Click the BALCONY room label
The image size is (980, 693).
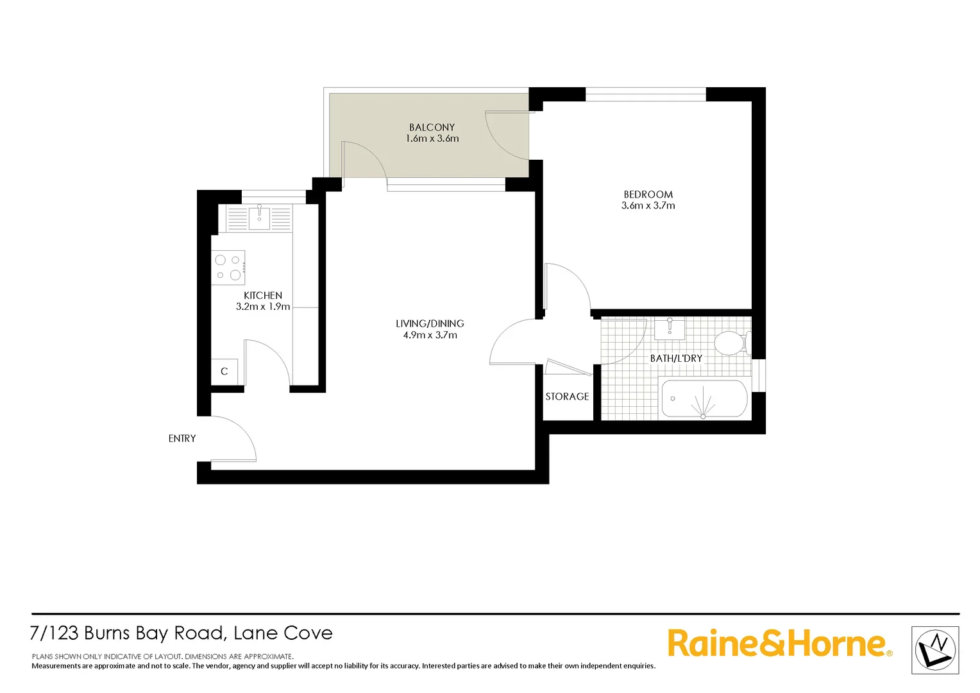point(432,127)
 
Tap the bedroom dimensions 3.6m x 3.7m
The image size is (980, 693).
point(648,206)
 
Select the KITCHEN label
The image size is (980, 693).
point(263,295)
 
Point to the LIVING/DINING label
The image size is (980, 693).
point(430,323)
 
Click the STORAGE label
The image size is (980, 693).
point(567,397)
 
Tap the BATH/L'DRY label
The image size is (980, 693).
point(676,358)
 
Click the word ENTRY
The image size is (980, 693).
point(182,438)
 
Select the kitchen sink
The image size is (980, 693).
point(259,218)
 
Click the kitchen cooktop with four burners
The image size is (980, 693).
point(228,267)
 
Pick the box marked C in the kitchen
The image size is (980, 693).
point(224,372)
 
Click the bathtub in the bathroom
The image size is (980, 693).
point(704,399)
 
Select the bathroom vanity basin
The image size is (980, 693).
point(669,329)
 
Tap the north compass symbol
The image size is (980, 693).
point(935,650)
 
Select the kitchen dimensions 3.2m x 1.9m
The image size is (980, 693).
point(263,307)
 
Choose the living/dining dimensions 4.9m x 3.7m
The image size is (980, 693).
point(430,335)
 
